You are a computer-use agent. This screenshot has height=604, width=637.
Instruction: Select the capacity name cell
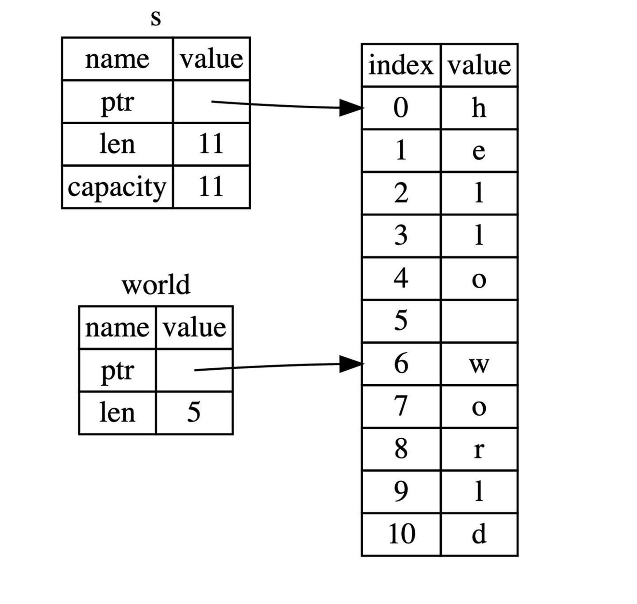coord(117,187)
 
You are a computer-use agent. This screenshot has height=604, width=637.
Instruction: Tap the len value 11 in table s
coord(211,144)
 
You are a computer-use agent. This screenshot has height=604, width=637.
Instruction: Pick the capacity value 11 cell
coord(211,187)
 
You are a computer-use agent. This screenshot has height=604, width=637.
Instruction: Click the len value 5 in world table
coord(194,413)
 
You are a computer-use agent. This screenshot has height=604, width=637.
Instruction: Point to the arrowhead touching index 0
coord(351,107)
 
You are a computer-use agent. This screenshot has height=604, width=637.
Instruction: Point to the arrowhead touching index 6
coord(351,364)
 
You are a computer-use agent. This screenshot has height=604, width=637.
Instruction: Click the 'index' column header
coord(401,65)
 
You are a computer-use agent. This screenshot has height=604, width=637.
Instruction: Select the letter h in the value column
coord(479,107)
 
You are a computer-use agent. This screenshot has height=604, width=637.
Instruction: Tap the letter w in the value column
coord(479,365)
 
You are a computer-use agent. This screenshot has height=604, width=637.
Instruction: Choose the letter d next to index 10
coord(479,534)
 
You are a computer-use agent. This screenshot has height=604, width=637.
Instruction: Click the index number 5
coord(401,321)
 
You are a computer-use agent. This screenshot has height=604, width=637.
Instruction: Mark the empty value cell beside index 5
coord(479,321)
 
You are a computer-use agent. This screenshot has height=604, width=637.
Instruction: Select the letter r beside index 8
coord(479,450)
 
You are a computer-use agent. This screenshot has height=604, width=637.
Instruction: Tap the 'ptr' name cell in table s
coord(117,102)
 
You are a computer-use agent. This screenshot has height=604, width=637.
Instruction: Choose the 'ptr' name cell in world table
coord(117,371)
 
